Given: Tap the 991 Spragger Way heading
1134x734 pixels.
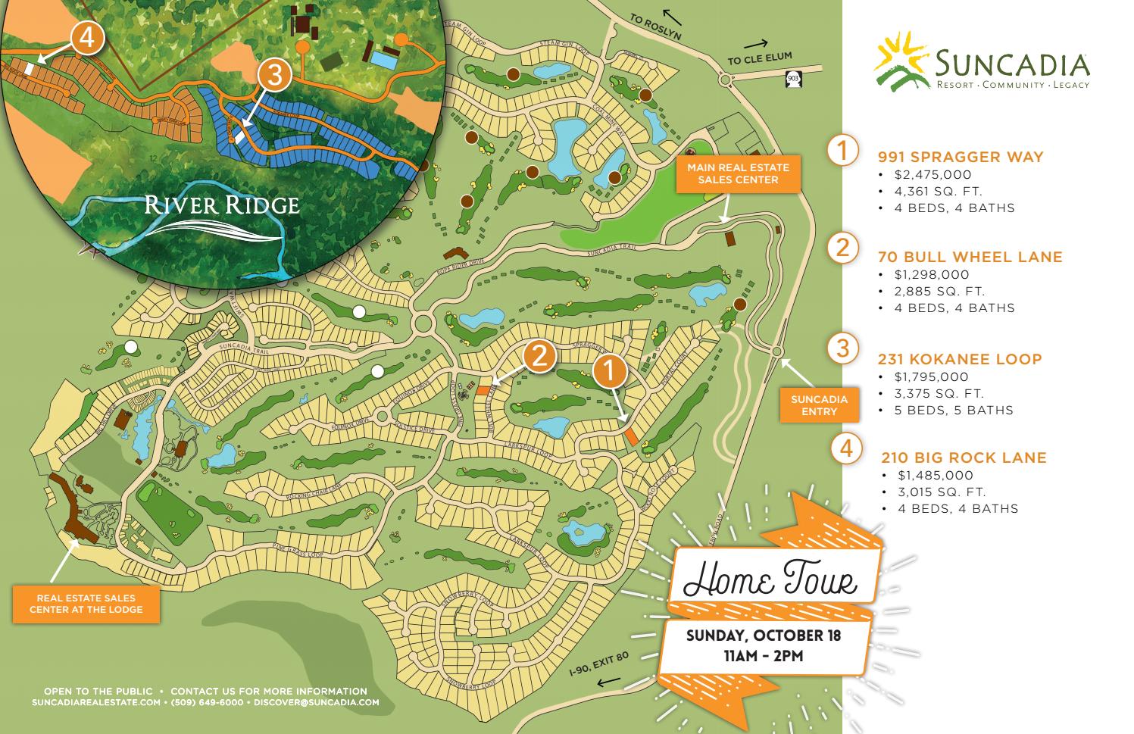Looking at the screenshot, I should point(960,157).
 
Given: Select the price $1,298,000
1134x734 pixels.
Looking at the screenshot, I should point(931,274).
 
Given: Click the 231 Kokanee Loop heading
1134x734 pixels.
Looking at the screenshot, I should point(959,359).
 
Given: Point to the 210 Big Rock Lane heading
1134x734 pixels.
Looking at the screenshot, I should point(964,458).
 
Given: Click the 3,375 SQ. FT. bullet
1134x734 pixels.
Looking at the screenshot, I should point(939,393).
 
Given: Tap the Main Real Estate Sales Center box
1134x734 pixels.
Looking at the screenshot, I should point(738,173).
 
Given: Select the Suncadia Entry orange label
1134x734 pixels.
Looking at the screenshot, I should point(819,405).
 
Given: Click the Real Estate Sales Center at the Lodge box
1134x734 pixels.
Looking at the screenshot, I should point(86,604).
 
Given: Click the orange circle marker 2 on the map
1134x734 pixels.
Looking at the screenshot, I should point(539,357).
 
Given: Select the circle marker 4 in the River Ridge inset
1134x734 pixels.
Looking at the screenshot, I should point(87,38).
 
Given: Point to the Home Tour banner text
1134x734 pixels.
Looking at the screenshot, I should point(770,580).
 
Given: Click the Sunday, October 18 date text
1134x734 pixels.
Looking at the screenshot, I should point(764,635).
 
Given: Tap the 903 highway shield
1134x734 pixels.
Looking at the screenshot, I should point(792,78).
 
